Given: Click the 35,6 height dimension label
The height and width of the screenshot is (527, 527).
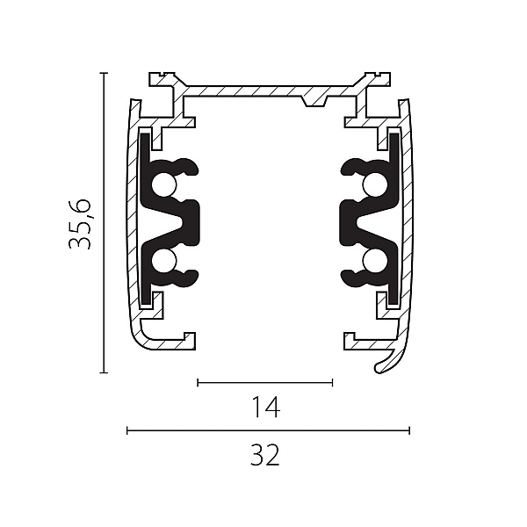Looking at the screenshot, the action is [80, 224].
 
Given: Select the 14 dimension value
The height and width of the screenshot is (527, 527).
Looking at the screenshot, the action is [265, 407].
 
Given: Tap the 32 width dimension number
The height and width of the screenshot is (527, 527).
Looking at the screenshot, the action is [265, 455].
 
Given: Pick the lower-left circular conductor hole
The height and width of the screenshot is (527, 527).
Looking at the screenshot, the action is [164, 261].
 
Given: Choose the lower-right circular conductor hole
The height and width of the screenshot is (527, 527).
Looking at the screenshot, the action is [375, 261].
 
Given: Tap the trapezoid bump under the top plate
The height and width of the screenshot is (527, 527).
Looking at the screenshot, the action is [314, 101].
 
